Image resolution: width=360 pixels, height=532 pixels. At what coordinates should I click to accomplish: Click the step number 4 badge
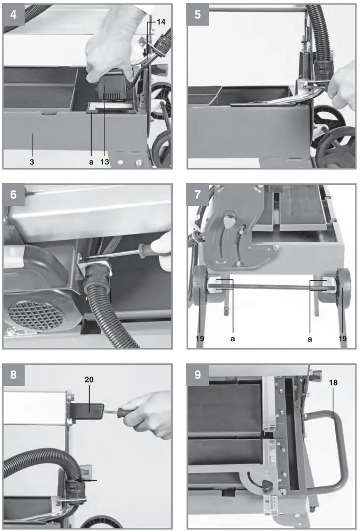(x=13, y=14)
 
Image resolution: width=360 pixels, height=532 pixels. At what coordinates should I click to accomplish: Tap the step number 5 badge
(x=197, y=14)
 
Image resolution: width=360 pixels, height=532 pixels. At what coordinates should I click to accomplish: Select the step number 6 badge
(x=13, y=195)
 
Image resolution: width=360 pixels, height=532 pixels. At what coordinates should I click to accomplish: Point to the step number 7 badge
(x=197, y=195)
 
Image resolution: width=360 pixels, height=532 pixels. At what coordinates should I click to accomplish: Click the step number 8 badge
(x=13, y=373)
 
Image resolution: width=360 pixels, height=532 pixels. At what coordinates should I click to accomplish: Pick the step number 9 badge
(x=197, y=373)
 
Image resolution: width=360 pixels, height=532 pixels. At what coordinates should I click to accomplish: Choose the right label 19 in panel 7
(x=342, y=339)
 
